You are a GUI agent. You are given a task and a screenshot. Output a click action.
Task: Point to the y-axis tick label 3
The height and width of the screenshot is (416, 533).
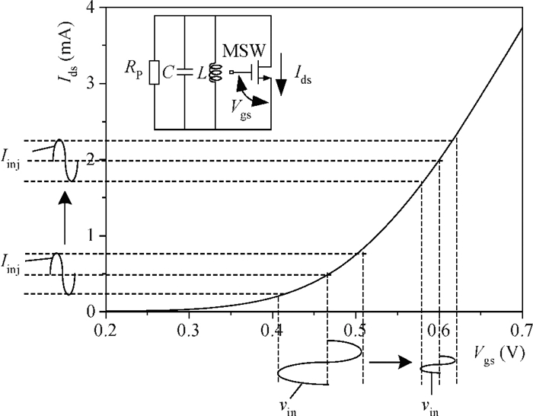point(91,83)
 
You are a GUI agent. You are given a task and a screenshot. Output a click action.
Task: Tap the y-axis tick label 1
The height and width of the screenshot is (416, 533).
point(91,235)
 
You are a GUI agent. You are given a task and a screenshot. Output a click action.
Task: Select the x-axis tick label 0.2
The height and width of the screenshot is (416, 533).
point(106,330)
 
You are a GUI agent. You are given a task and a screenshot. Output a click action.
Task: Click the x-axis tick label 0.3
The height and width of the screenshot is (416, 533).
point(189,330)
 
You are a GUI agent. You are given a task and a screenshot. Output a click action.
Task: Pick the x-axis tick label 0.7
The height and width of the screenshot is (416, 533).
point(521,330)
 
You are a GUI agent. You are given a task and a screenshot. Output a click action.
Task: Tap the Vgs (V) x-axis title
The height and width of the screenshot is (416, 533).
point(499,356)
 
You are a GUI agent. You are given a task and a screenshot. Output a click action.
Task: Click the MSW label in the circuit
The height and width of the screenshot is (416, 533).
point(244,51)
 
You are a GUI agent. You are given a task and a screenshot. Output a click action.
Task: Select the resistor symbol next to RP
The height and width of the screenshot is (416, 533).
point(154,72)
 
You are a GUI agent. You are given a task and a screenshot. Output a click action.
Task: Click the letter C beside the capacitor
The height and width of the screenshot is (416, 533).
point(168,72)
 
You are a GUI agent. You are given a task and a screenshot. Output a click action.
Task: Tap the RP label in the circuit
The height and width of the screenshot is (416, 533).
point(133,70)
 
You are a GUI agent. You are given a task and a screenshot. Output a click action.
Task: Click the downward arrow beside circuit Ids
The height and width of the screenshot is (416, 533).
point(281,75)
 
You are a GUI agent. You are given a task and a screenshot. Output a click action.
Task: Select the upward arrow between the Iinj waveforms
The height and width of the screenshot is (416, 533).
point(65,218)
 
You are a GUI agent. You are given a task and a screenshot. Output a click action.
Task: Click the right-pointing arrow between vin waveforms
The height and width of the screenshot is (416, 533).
point(391,362)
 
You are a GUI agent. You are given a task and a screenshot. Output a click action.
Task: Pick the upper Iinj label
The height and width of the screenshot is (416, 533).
point(10,160)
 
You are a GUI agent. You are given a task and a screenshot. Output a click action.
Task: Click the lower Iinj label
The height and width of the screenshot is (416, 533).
point(10,264)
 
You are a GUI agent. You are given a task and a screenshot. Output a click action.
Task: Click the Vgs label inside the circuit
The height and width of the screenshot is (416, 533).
point(241,110)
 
